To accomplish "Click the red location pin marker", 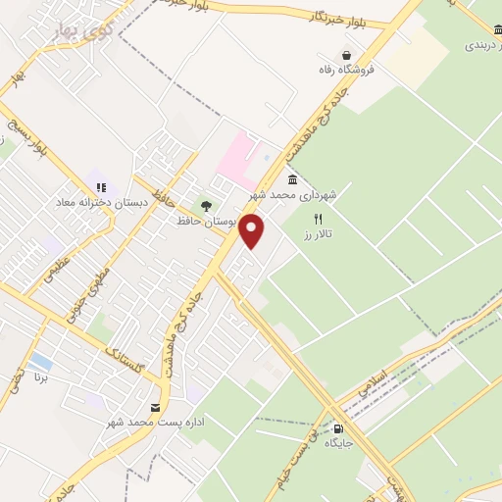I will pyautogui.click(x=253, y=231).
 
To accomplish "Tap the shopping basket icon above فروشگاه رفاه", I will pyautogui.click(x=346, y=55).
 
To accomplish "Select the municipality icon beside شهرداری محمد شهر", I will pyautogui.click(x=293, y=180).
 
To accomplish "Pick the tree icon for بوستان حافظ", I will pyautogui.click(x=205, y=206).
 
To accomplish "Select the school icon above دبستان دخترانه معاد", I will pyautogui.click(x=99, y=187).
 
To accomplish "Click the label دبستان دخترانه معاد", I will pyautogui.click(x=102, y=203).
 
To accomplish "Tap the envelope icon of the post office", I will pyautogui.click(x=155, y=408).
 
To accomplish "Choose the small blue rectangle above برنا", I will pyautogui.click(x=40, y=361).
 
